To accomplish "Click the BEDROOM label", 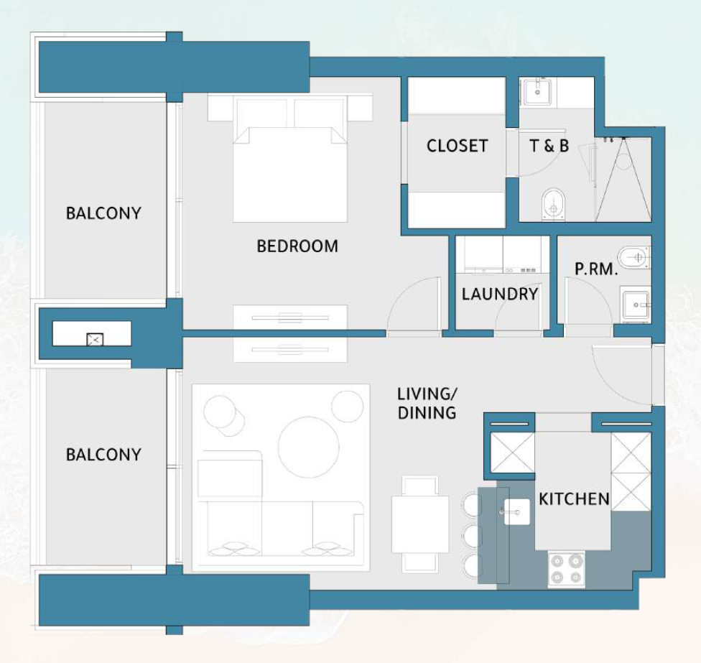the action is tap(297, 246).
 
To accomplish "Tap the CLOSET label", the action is tap(457, 146).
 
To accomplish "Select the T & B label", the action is tap(549, 146).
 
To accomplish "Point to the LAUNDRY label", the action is tap(500, 294).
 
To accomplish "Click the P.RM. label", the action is tap(596, 269).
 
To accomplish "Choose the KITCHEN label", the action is tap(574, 499).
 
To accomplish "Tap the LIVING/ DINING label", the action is tap(427, 403).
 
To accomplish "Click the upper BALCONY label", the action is tap(103, 213).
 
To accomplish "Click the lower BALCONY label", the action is tap(103, 454).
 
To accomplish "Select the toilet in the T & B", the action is tap(554, 204).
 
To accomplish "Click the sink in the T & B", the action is tap(538, 92).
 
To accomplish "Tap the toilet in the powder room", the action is tap(634, 257).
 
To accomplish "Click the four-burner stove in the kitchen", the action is tap(567, 569).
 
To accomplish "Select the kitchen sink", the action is tap(517, 511).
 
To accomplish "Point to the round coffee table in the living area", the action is tap(308, 447).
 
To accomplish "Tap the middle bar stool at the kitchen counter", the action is tap(473, 534).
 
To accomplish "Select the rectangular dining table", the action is tap(420, 524).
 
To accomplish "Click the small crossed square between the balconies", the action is tap(95, 340).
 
